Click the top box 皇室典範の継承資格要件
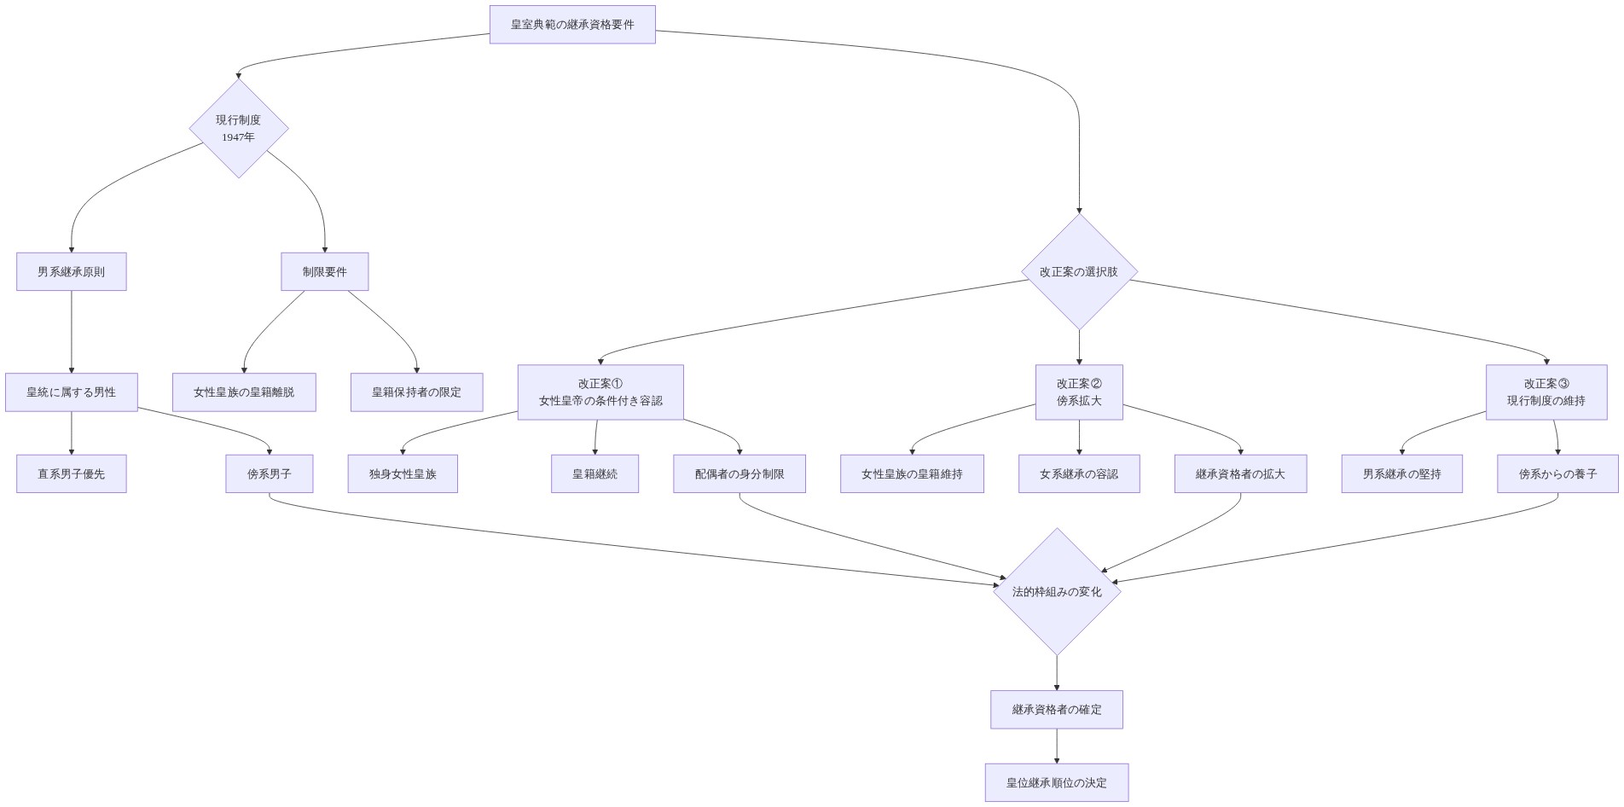point(572,25)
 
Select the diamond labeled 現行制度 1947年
point(239,128)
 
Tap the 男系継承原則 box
point(72,271)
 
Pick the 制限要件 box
point(325,271)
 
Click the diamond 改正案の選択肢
point(1079,271)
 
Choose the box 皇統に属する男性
point(72,392)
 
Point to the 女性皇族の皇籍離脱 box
point(244,392)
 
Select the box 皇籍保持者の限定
point(417,392)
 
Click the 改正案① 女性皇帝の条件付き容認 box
point(600,392)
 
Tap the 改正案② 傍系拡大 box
point(1079,392)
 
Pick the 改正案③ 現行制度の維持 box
point(1546,392)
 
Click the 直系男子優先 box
point(72,473)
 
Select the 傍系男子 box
point(270,473)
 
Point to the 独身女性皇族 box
point(403,473)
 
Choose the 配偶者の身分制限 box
point(739,473)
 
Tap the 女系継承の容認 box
point(1079,473)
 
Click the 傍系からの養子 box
point(1558,473)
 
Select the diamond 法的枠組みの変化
point(1057,591)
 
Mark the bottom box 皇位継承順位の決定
point(1057,782)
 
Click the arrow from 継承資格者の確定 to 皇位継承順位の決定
point(1057,746)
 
